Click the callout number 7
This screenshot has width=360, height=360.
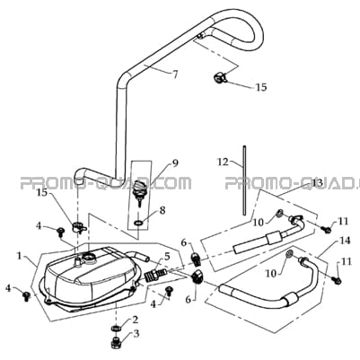pos(175,74)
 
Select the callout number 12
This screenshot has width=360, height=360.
pos(223,162)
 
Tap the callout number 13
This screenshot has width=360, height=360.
pos(318,183)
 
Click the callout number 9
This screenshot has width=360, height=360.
pos(175,163)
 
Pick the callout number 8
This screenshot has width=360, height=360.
pos(162,210)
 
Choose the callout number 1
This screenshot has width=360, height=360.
pos(20,257)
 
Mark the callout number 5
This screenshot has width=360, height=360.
pos(167,256)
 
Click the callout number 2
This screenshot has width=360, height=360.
pos(135,320)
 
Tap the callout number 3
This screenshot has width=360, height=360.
pos(136,334)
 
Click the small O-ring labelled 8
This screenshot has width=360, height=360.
pos(138,223)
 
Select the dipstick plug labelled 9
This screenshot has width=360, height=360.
pos(139,189)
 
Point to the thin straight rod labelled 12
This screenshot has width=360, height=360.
pos(244,180)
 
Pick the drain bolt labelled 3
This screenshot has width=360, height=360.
pos(116,343)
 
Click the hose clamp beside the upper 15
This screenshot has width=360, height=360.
pos(220,77)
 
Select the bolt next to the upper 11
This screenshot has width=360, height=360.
pos(326,229)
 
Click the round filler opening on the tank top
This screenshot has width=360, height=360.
pos(90,256)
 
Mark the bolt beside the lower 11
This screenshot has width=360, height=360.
pos(337,280)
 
